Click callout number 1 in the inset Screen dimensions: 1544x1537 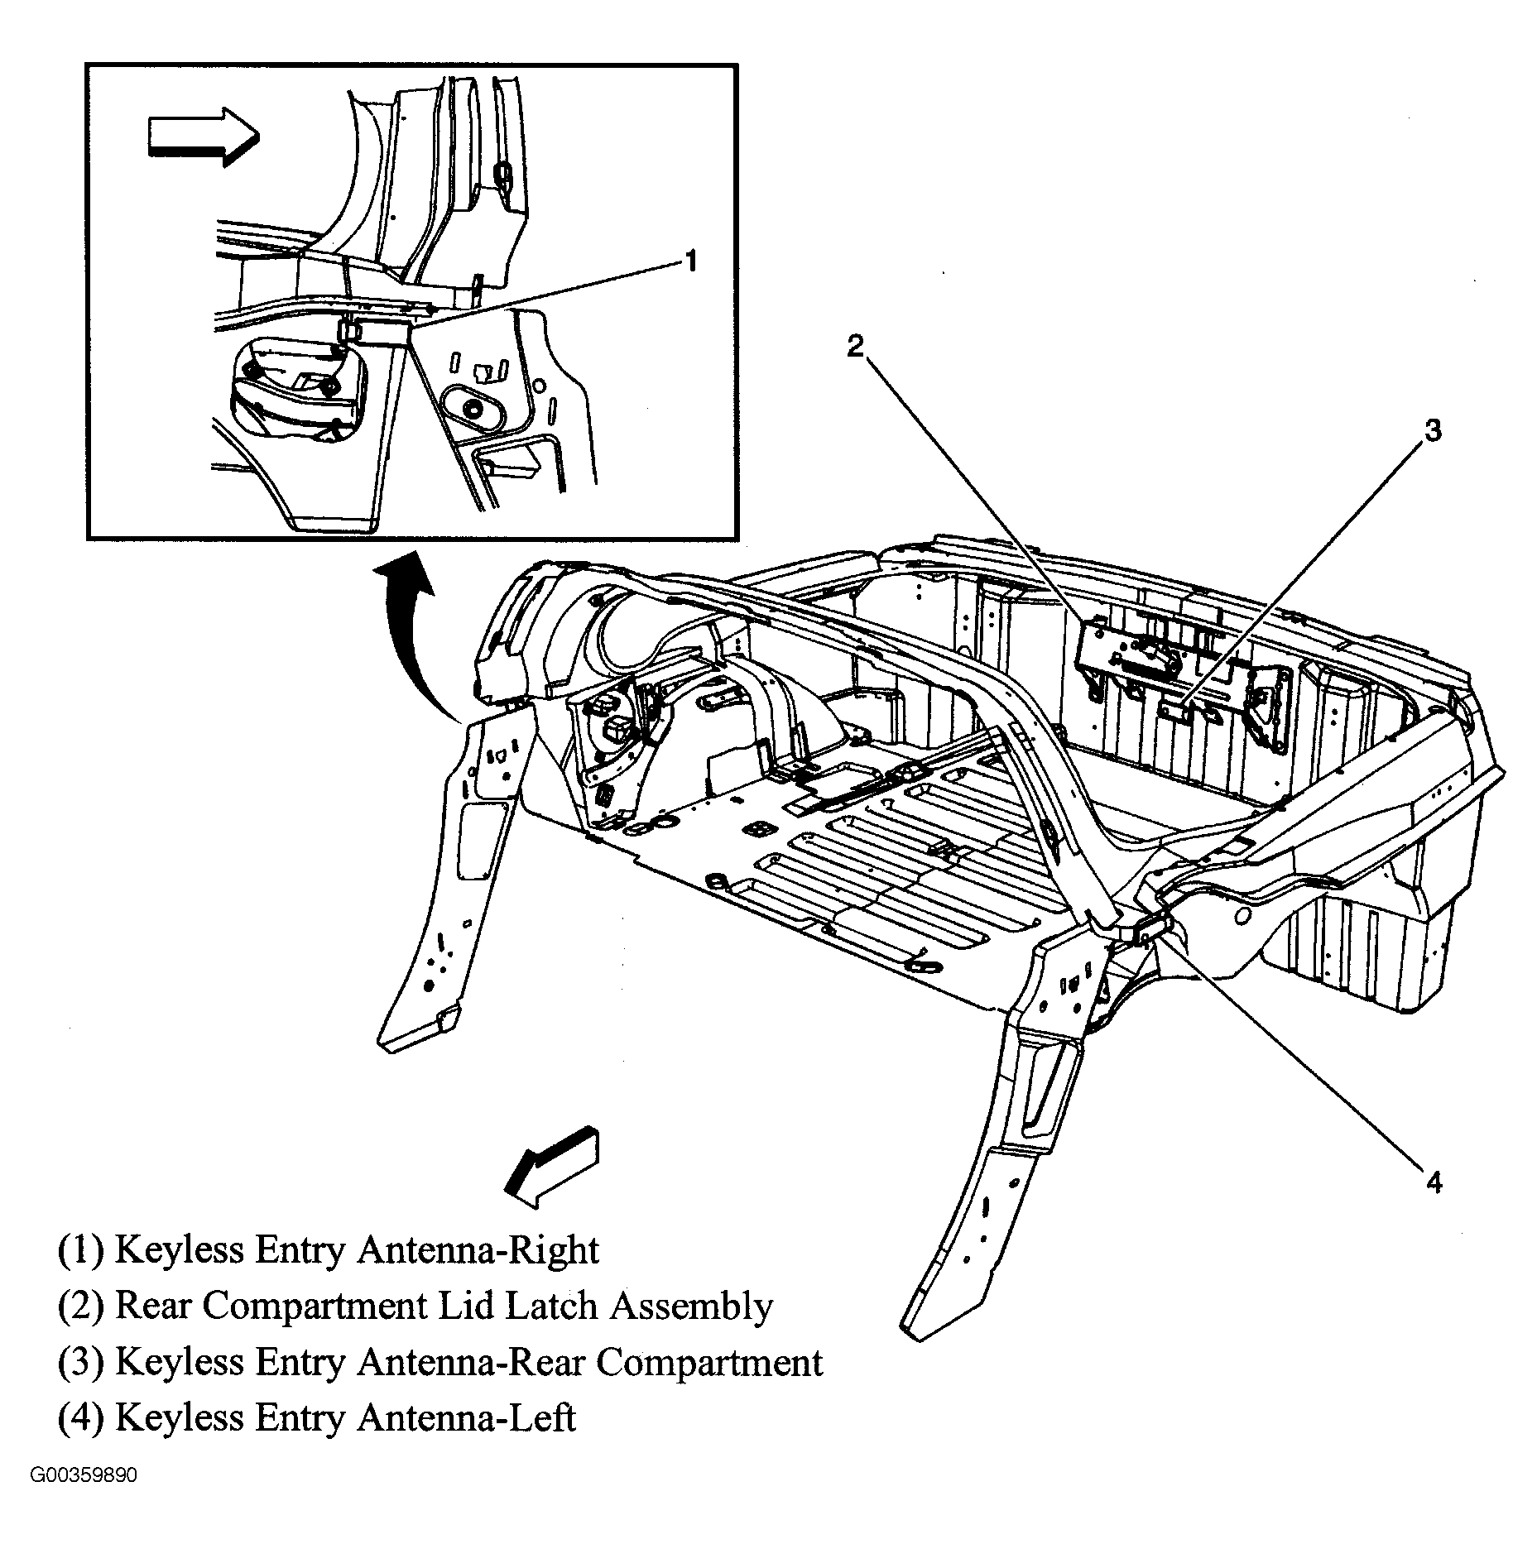click(x=689, y=262)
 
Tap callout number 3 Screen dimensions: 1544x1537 click(x=1431, y=431)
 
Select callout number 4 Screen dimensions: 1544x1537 click(x=1434, y=1183)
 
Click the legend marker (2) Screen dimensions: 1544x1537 click(x=81, y=1307)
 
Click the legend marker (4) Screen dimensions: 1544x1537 click(x=81, y=1417)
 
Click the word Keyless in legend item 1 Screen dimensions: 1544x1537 click(x=176, y=1250)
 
